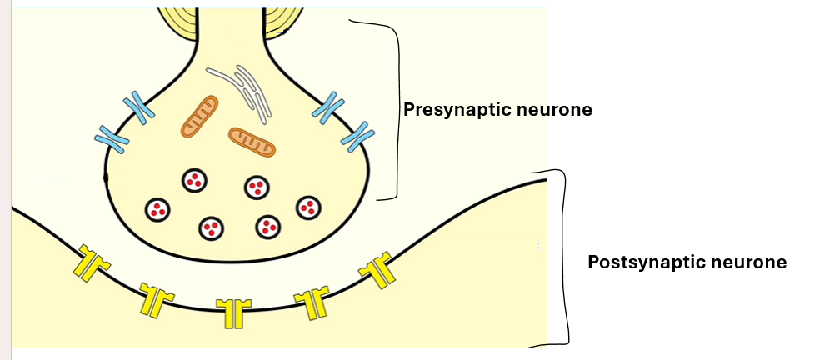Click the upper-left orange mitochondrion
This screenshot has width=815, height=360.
[x=199, y=116]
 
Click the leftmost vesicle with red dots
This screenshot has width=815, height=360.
[x=157, y=209]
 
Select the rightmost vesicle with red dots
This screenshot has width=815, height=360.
[x=309, y=206]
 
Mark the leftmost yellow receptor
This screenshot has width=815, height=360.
[x=89, y=262]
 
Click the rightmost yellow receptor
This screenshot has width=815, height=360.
[x=377, y=269]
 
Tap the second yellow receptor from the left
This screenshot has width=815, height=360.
[x=156, y=297]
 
